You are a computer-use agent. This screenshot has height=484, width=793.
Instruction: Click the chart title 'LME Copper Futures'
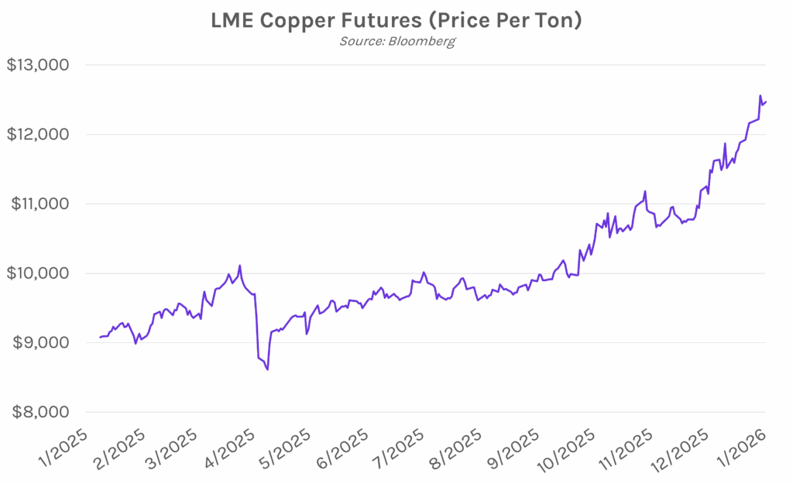(x=396, y=20)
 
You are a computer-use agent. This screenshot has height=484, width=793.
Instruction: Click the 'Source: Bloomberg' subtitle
(x=396, y=41)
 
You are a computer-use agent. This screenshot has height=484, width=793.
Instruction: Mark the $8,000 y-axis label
(x=39, y=412)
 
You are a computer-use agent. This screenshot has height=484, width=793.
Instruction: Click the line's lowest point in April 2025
(x=267, y=370)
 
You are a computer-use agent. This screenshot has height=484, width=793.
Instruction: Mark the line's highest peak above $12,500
(x=760, y=95)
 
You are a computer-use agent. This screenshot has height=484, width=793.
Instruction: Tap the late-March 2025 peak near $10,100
(x=239, y=266)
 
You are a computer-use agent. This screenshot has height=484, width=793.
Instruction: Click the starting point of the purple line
(x=101, y=337)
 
